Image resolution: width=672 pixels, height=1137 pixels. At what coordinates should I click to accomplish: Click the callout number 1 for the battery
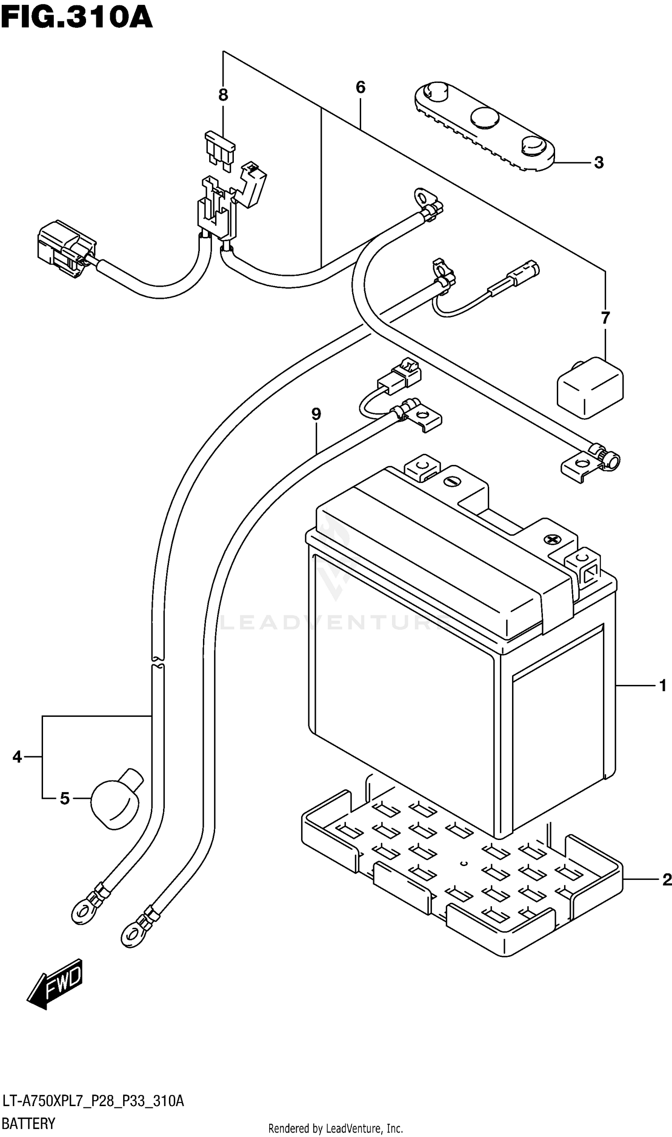663,685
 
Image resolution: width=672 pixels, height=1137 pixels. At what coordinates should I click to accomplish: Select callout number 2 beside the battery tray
666,879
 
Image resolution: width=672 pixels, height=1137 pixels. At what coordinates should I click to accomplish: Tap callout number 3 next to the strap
599,163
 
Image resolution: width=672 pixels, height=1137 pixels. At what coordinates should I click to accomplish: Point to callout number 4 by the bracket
17,757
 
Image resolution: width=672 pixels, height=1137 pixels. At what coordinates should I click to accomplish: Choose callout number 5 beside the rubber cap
65,798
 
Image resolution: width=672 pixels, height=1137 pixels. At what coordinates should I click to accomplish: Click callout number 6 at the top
361,87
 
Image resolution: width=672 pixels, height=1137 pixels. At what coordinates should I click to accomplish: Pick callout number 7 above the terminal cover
605,319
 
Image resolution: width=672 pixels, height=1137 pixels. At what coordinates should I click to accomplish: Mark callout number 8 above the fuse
223,95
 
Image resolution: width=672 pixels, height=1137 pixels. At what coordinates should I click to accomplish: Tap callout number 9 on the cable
316,414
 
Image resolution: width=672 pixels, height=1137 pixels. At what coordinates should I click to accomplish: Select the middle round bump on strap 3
485,117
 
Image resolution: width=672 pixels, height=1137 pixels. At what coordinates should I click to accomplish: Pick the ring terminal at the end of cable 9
131,935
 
